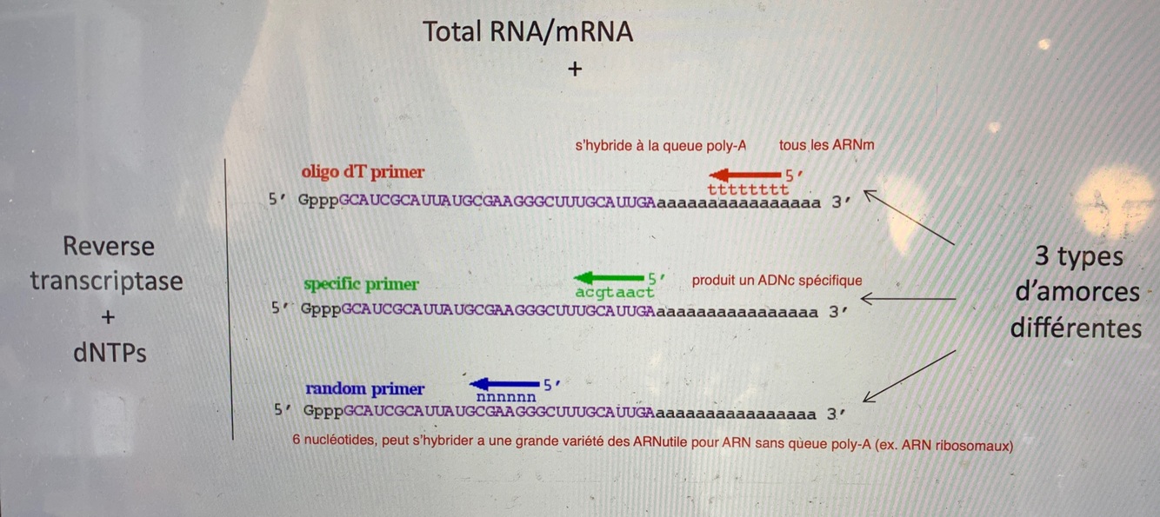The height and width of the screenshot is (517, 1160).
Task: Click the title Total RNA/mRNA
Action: [527, 32]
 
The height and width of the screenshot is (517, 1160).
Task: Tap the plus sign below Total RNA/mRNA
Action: [574, 70]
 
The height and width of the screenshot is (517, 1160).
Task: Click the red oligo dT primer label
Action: [363, 172]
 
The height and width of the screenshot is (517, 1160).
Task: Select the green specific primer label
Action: [361, 284]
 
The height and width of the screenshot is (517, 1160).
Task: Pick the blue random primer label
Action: [365, 388]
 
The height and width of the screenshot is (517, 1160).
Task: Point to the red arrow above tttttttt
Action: [745, 174]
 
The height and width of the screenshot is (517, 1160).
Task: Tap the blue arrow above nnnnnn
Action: [504, 383]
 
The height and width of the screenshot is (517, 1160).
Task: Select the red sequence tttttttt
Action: [748, 189]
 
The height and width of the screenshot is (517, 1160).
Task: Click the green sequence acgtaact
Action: [615, 293]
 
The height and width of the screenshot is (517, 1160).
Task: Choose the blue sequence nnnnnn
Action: [506, 397]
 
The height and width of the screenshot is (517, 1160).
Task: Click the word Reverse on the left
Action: [109, 247]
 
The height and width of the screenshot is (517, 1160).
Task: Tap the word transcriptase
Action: [107, 282]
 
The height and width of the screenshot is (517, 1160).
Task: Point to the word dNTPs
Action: [109, 353]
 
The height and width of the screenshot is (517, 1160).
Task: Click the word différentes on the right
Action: [1076, 328]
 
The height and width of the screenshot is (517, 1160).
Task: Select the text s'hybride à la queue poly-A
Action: [661, 146]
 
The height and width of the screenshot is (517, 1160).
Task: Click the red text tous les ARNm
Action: [826, 145]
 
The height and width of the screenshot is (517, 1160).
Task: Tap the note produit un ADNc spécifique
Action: [777, 281]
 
